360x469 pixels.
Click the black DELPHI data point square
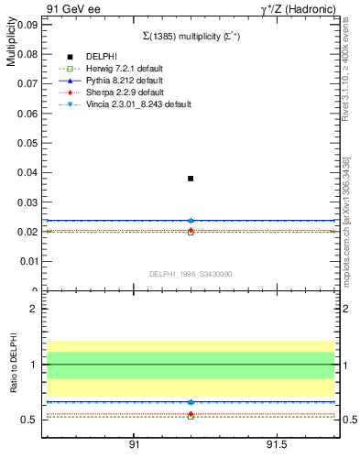191,179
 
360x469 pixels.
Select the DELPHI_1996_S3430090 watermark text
190,274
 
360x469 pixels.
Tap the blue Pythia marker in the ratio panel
191,402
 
